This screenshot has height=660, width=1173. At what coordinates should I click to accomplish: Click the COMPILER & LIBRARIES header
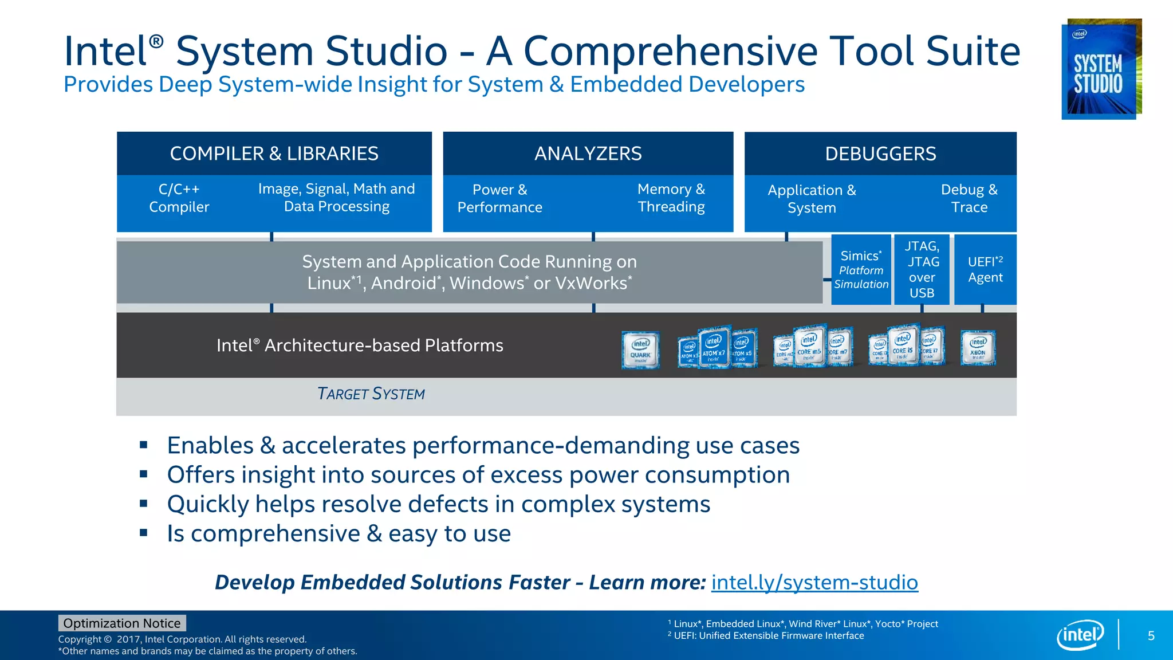[274, 154]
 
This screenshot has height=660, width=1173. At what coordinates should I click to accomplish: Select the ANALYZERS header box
[588, 154]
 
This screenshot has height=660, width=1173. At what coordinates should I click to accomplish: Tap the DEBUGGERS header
[880, 154]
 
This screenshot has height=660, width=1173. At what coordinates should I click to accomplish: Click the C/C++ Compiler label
[179, 198]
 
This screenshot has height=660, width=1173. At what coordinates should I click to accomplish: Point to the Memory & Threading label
[671, 198]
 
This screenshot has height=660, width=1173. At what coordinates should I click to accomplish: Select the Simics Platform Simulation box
[861, 270]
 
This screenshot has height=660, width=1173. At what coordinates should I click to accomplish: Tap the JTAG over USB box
[922, 270]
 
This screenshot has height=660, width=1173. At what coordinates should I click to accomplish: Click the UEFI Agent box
[985, 270]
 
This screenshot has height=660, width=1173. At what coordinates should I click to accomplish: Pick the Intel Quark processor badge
[640, 349]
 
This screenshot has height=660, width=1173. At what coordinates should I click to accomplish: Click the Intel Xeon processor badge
[978, 348]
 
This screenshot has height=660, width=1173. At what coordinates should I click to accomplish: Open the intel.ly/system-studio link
[814, 583]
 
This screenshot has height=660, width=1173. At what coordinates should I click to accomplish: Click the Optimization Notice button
[122, 623]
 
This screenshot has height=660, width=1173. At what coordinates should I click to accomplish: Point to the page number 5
[1151, 636]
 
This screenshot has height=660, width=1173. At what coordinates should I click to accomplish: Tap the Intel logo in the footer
[1080, 635]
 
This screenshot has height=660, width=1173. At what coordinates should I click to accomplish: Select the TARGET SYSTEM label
[371, 394]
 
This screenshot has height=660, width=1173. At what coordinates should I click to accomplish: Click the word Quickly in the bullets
[207, 505]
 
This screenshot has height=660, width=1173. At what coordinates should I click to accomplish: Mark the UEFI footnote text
[768, 636]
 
